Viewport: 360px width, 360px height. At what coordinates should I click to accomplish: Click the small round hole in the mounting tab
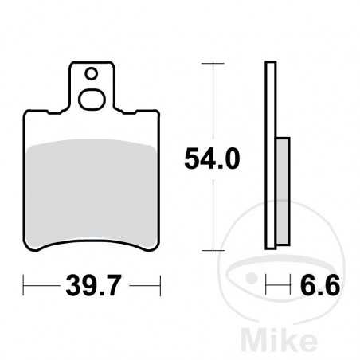click(92, 75)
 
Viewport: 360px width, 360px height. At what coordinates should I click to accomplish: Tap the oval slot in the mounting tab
click(92, 100)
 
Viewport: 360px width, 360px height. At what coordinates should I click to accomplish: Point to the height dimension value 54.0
click(212, 159)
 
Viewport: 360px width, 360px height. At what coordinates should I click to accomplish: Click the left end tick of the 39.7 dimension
click(25, 283)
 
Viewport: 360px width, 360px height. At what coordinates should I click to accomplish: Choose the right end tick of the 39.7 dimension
click(160, 283)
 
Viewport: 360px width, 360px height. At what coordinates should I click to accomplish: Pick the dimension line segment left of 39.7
click(40, 283)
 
